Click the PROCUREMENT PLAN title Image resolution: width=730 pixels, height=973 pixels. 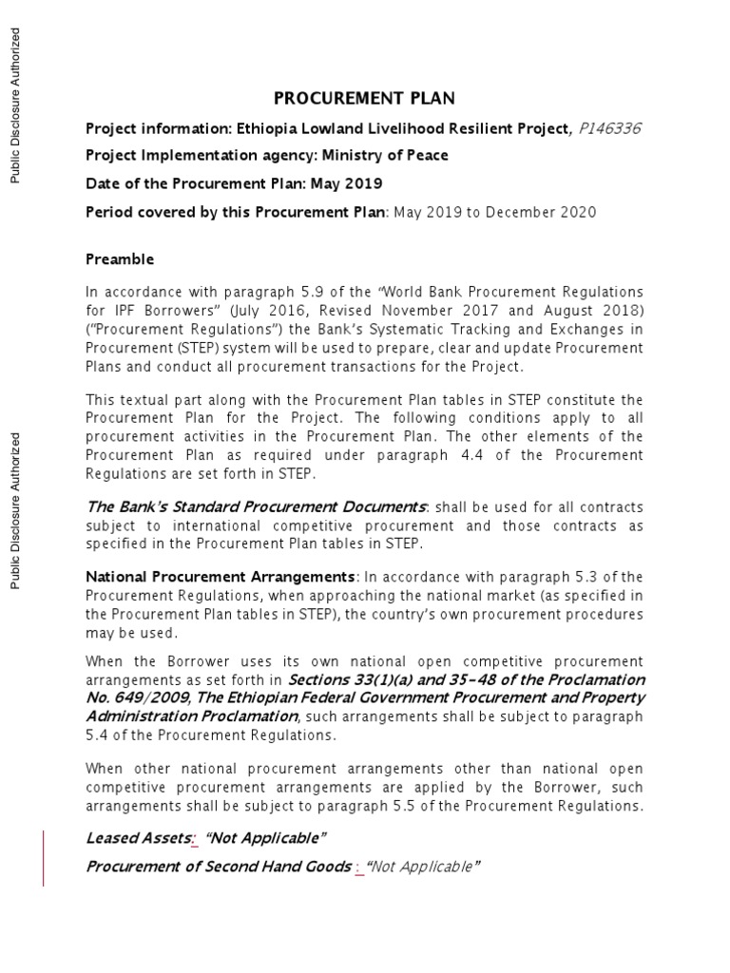[x=364, y=98]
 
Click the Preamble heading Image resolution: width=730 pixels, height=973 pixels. [x=120, y=259]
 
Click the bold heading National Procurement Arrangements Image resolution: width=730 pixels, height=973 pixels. [x=221, y=577]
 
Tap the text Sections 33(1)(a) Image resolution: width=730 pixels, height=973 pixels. [x=347, y=679]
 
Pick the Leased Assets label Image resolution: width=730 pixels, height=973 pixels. [x=138, y=837]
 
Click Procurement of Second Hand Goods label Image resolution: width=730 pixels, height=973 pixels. [x=219, y=867]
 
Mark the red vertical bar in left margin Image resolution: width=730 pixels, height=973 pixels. [x=43, y=858]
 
